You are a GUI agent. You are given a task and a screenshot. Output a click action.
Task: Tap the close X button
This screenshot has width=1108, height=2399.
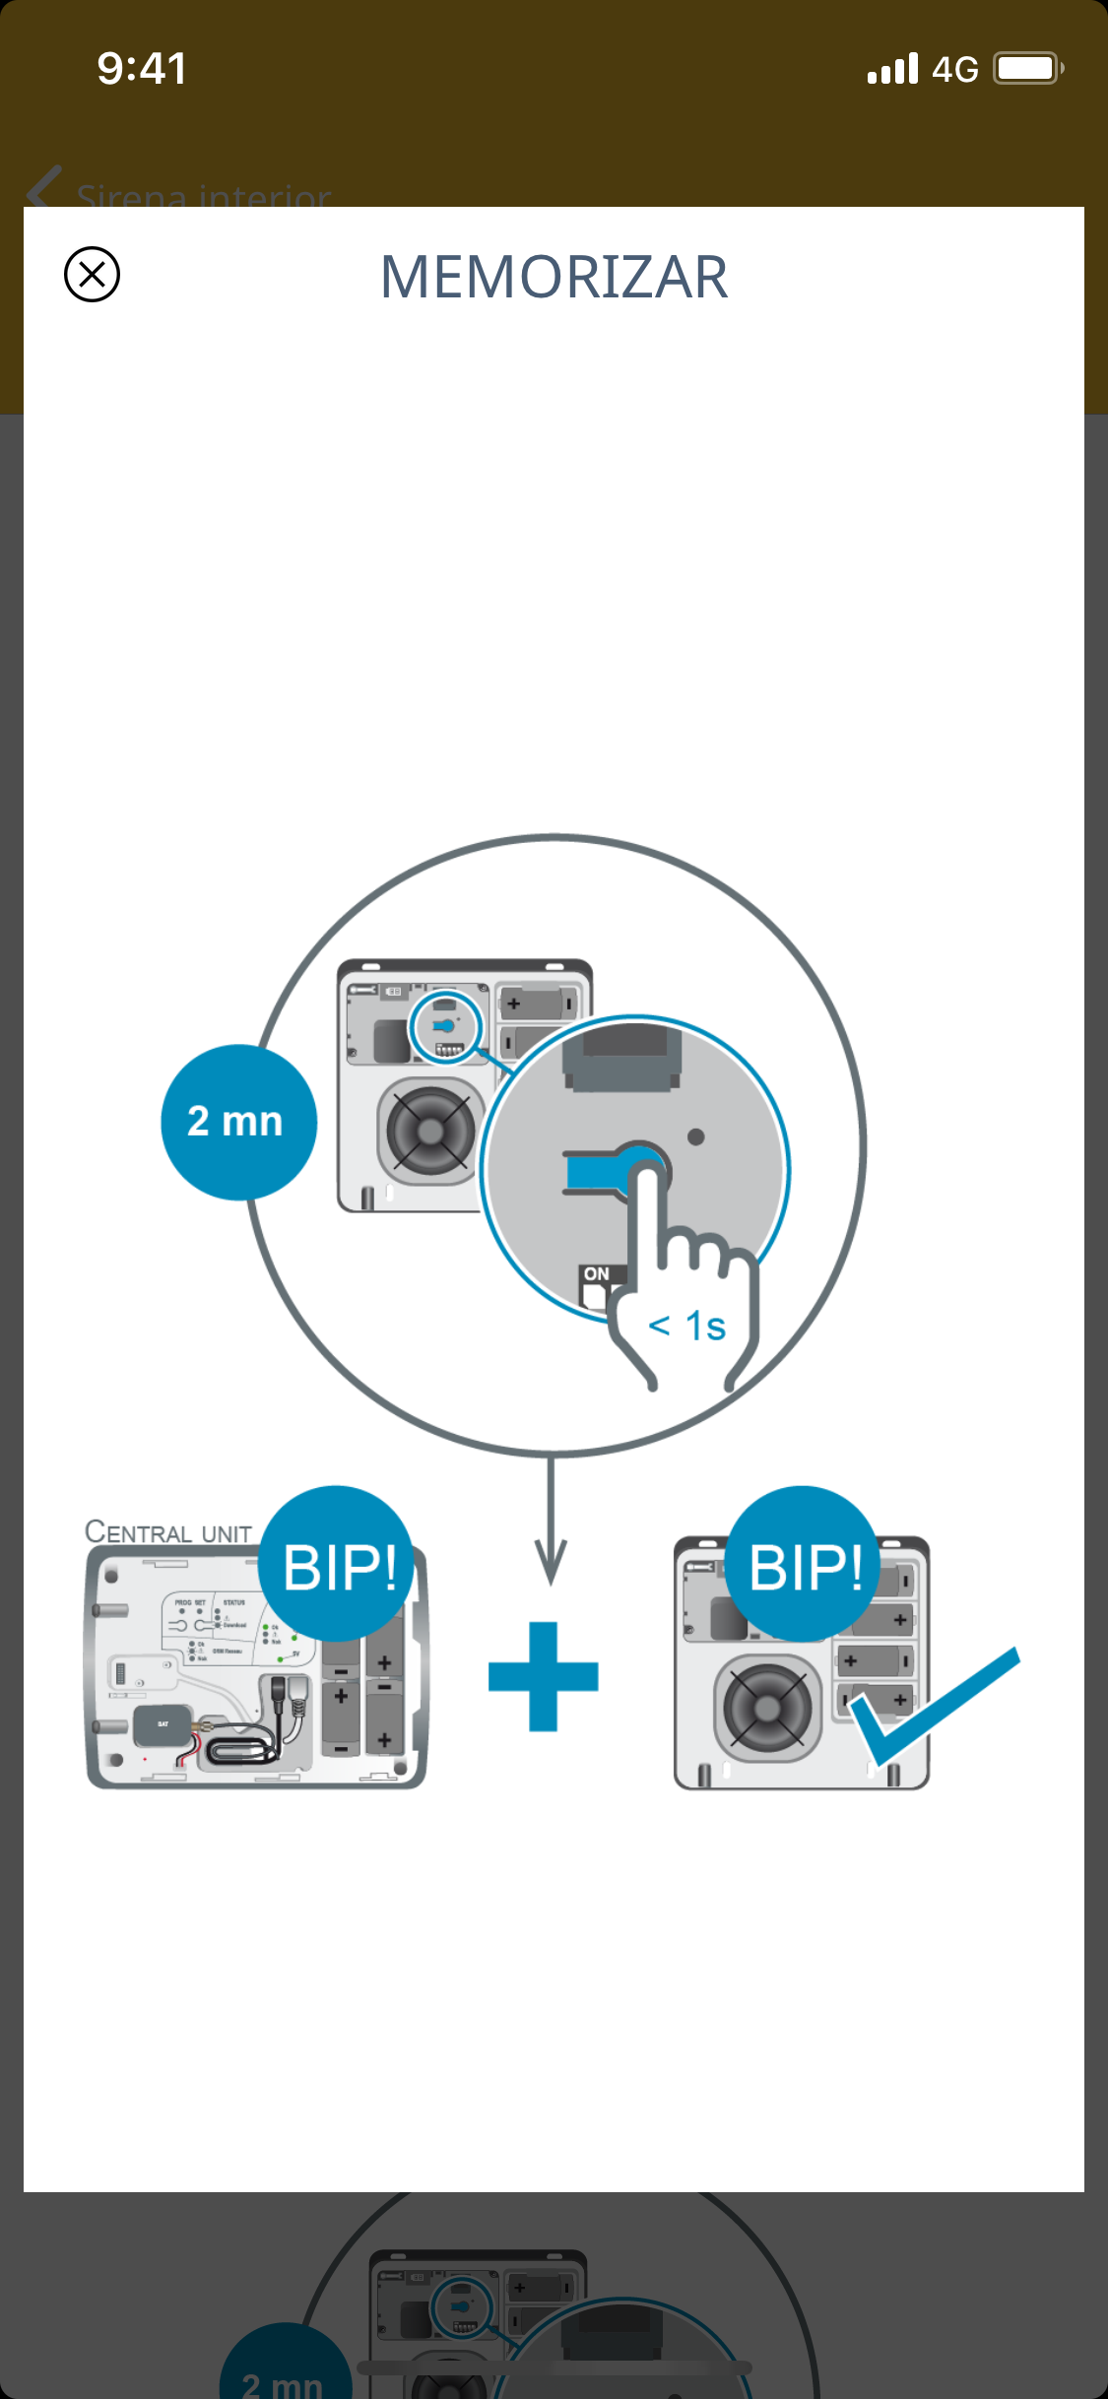pos(92,274)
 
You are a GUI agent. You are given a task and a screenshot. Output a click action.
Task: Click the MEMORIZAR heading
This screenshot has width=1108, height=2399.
pos(554,277)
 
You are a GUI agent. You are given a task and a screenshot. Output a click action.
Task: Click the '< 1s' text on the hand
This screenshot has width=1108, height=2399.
pos(687,1326)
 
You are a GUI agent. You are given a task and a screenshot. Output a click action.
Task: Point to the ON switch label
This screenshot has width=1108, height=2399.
pos(596,1273)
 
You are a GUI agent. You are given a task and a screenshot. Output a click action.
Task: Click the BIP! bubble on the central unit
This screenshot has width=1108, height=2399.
pos(338,1565)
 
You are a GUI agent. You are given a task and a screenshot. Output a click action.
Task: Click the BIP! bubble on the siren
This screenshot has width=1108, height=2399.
pos(804,1565)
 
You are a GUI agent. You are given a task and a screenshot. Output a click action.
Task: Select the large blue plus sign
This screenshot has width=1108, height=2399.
pos(544,1676)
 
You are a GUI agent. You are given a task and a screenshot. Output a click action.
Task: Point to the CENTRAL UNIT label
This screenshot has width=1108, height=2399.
pos(168,1532)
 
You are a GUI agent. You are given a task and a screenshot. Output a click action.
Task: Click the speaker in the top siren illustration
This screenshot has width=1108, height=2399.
pos(430,1131)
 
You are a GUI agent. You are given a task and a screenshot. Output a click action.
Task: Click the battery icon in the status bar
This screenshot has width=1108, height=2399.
pos(1027,69)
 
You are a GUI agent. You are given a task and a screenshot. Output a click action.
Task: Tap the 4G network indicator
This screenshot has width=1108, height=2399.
pos(954,70)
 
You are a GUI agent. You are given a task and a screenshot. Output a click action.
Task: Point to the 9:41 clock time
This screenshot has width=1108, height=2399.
pos(142,69)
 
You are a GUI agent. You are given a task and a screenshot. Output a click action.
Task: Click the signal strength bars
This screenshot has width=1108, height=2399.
pos(892,69)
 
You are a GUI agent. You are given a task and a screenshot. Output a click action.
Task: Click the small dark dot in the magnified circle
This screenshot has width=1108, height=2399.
pos(696,1137)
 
